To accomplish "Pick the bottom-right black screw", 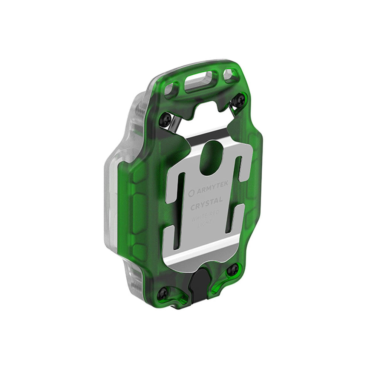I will [233, 269].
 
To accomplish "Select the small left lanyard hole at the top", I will [172, 89].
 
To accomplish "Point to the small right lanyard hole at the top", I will [230, 74].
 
